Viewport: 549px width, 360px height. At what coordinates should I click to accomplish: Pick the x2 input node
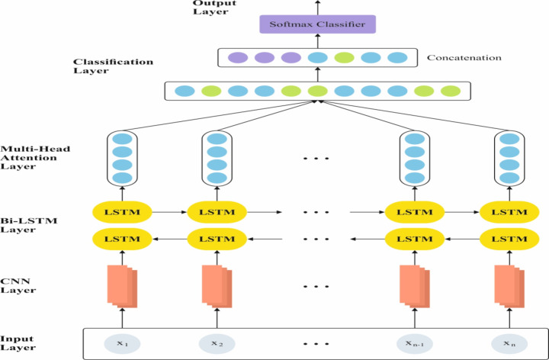[x=217, y=343]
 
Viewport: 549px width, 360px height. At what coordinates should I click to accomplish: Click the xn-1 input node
[x=414, y=343]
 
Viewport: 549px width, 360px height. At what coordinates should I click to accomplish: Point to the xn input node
[x=509, y=343]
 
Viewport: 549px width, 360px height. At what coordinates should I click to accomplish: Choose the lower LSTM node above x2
[x=217, y=239]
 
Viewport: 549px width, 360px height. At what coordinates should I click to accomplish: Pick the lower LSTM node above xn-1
[x=414, y=239]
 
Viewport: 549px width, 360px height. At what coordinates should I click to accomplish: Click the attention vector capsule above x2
[x=217, y=158]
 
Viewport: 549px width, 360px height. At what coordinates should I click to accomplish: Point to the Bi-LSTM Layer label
[x=21, y=224]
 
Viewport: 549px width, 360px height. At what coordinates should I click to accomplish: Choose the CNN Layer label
[x=18, y=286]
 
